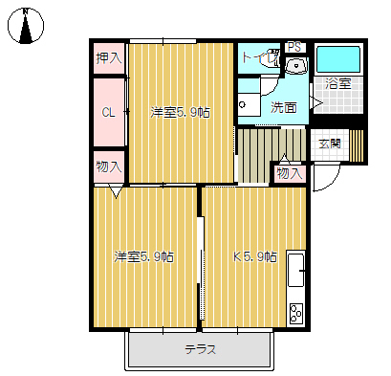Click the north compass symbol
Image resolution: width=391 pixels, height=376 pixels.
pos(26,26)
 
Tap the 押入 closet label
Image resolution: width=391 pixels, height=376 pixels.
pos(109,58)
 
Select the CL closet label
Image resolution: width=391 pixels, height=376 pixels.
pos(109,112)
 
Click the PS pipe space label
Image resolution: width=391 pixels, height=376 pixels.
pos(294,47)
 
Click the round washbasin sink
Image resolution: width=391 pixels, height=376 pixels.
pos(296,66)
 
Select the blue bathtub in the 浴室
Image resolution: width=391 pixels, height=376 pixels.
pos(338,59)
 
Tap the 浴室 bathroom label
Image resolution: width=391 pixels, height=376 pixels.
pos(338,84)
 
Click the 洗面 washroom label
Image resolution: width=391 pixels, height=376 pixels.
pos(284,107)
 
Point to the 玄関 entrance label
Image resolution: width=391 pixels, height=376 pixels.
pos(330,144)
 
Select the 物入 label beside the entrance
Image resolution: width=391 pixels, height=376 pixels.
pos(290,174)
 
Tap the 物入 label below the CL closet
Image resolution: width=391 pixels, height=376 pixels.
pos(109,166)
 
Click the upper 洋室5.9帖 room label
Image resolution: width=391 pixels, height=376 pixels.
pos(181,112)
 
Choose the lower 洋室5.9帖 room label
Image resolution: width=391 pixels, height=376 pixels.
pos(144,256)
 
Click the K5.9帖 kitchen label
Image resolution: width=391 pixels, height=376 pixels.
pos(255,256)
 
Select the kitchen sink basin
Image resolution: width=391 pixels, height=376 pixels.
pos(295,271)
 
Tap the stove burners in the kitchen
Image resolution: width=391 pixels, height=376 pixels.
pos(296,313)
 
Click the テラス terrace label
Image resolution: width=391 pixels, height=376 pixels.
pos(201,349)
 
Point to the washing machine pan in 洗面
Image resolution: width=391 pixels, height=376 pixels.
pos(249,105)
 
